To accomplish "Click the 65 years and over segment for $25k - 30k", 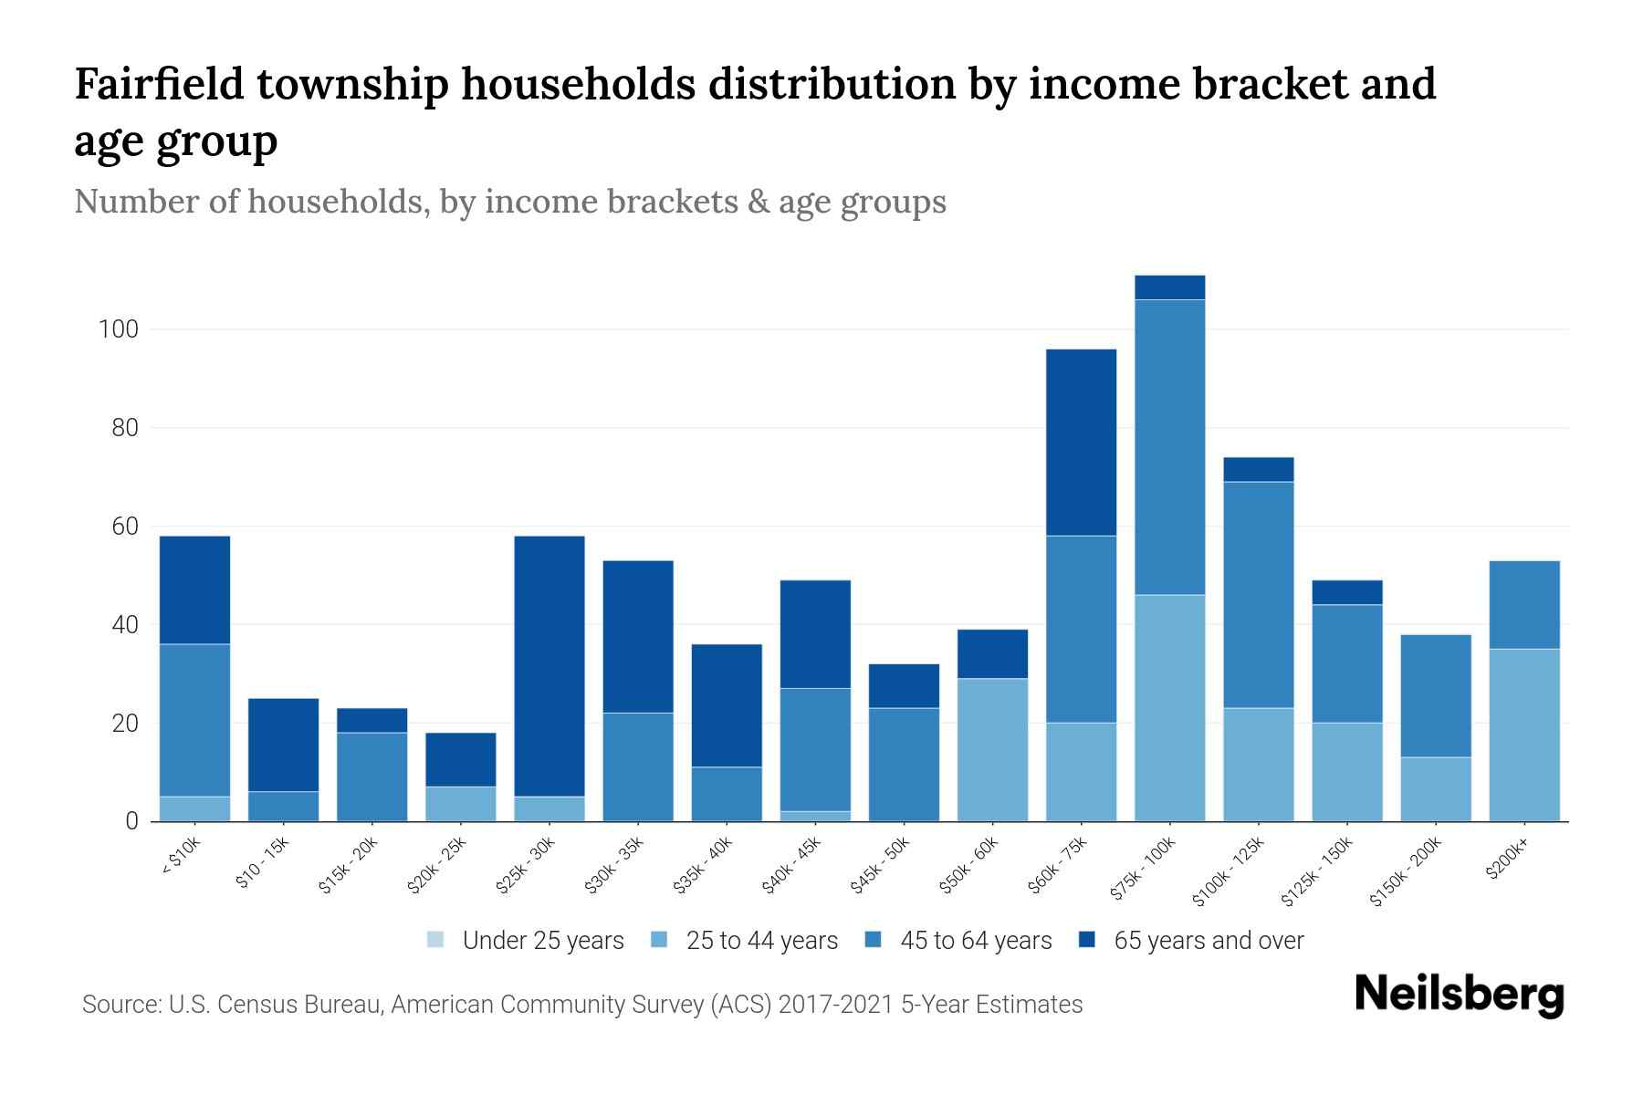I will (x=549, y=666).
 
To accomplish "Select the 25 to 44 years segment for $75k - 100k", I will (x=1169, y=708).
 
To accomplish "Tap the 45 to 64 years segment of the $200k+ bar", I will (x=1524, y=604).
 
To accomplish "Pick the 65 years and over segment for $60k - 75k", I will (x=1081, y=443).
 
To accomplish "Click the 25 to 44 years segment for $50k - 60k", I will (x=992, y=749).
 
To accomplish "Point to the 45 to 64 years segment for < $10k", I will (x=194, y=720).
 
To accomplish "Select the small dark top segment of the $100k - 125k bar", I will (x=1258, y=469).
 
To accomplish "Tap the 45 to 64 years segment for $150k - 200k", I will (x=1436, y=695).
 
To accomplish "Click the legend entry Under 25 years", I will (x=542, y=941).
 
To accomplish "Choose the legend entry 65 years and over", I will (x=1208, y=941).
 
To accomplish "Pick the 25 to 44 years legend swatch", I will (x=659, y=940).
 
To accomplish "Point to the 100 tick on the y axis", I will (x=119, y=329).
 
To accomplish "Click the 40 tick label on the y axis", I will (x=124, y=625).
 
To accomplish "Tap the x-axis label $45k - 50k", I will (x=880, y=864).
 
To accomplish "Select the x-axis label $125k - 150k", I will (x=1316, y=871).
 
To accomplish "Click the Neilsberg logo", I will (x=1459, y=994).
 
